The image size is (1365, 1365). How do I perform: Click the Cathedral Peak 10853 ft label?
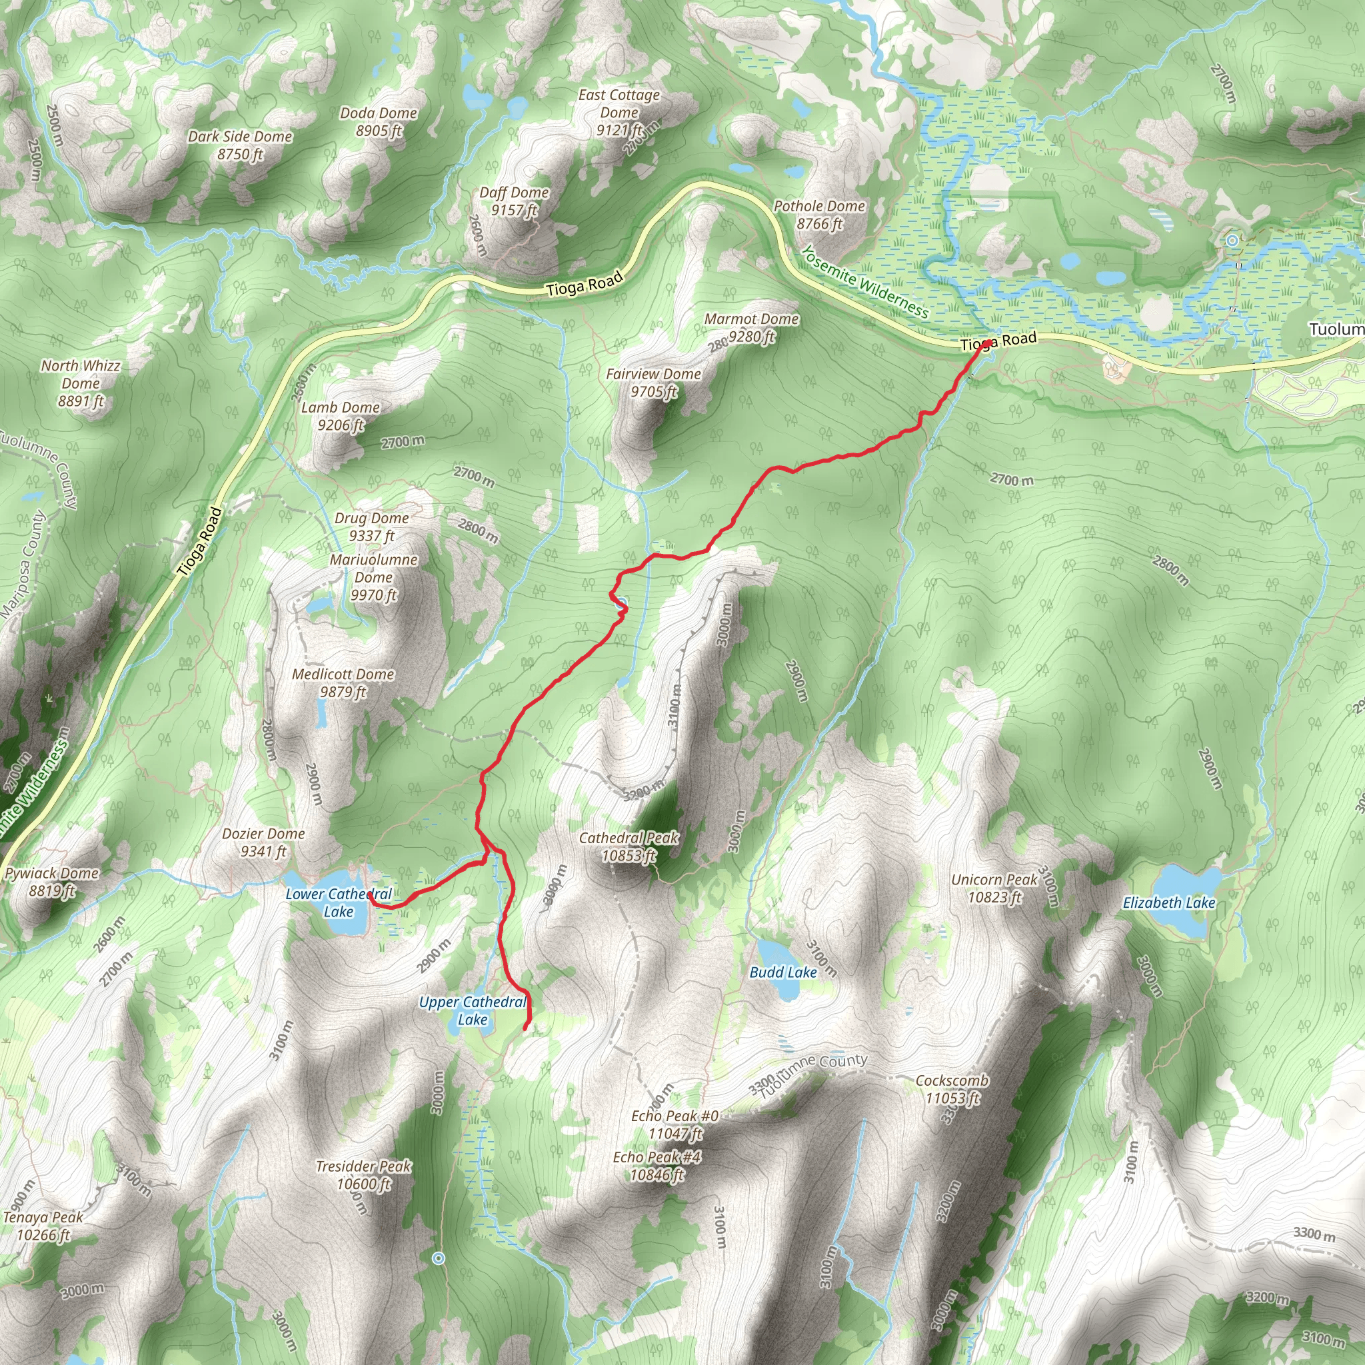[x=628, y=846]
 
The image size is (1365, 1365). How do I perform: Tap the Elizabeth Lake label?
[x=1168, y=903]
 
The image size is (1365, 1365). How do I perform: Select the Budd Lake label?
[x=783, y=972]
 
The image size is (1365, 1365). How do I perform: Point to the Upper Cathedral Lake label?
[x=472, y=1011]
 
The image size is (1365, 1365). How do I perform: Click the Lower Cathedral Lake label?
[x=339, y=903]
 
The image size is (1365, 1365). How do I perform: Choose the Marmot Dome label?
[x=751, y=320]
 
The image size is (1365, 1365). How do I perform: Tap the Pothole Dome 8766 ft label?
[x=820, y=215]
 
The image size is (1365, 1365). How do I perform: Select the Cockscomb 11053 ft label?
[x=952, y=1089]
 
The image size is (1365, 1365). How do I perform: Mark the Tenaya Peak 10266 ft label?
[x=43, y=1226]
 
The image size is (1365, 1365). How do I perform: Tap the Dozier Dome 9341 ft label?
[x=263, y=842]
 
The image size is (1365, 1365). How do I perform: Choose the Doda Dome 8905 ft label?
[x=379, y=121]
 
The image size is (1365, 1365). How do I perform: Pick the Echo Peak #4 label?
[x=657, y=1166]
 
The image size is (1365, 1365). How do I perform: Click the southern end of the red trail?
[x=525, y=1028]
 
